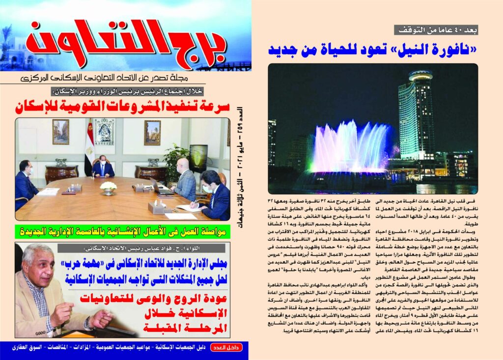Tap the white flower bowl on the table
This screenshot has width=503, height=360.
pos(108,186)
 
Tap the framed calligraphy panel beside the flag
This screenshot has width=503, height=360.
pos(104,132)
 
